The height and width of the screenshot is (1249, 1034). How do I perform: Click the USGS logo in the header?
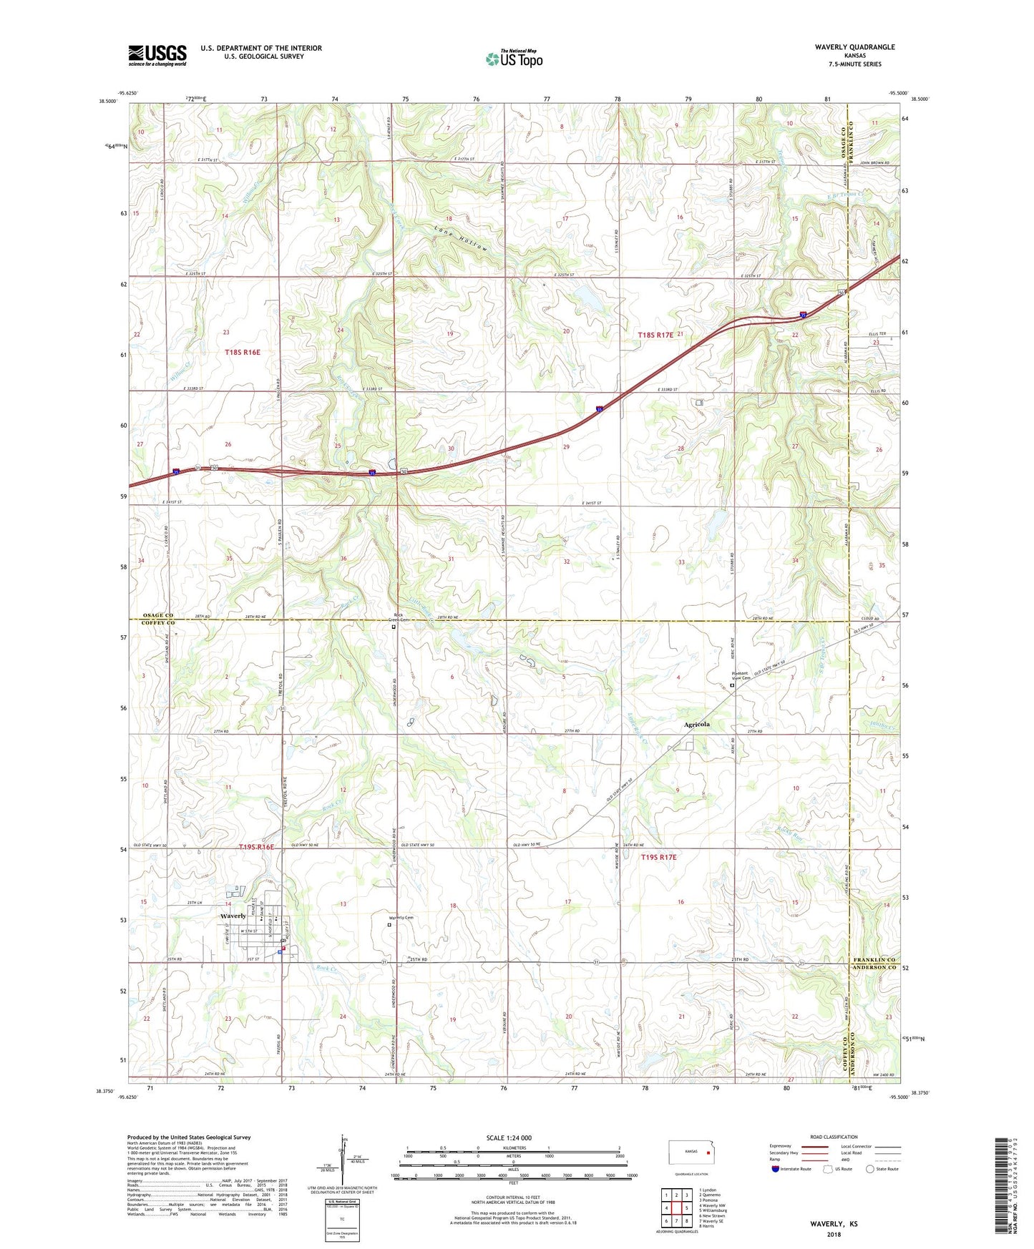click(157, 55)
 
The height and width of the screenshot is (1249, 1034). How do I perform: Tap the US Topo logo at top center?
click(514, 59)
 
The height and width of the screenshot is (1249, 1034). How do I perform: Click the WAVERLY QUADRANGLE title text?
click(854, 47)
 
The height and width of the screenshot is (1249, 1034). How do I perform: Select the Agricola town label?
click(697, 725)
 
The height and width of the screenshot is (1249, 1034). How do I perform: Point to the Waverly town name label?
click(233, 916)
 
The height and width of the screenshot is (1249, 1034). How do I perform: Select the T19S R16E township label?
click(255, 847)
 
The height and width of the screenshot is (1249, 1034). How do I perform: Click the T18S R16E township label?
click(243, 352)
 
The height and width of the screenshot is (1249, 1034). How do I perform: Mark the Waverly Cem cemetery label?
click(401, 918)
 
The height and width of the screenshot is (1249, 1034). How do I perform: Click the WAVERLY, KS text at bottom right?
click(834, 1224)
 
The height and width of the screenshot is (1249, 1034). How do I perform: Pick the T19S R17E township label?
click(658, 856)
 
